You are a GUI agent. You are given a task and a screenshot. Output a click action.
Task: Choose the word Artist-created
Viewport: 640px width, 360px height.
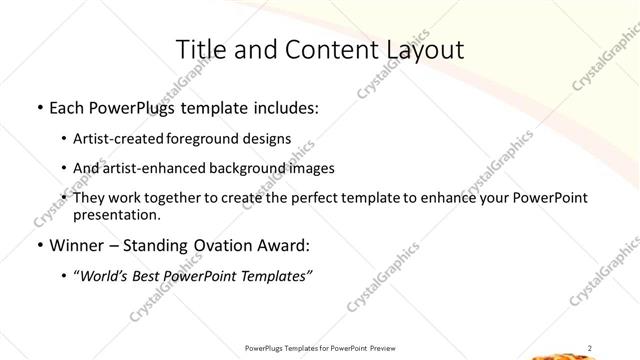[128, 139]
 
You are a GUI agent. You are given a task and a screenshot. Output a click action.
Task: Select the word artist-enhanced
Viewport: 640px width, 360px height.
[156, 168]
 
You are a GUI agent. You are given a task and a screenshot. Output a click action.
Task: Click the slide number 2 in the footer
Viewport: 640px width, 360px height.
[590, 348]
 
